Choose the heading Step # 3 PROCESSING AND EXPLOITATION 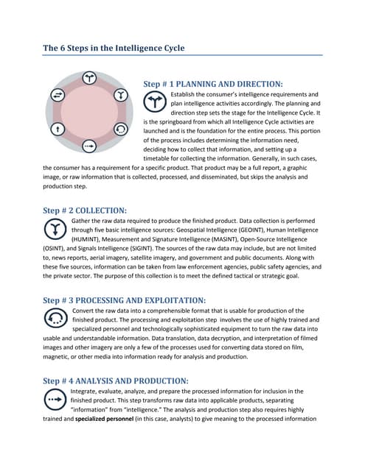tap(124, 300)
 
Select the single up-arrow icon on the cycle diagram tap(56, 129)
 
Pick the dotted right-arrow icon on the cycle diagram tap(88, 146)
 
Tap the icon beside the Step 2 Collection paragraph tap(55, 230)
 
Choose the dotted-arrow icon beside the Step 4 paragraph tap(55, 400)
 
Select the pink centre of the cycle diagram tap(88, 112)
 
